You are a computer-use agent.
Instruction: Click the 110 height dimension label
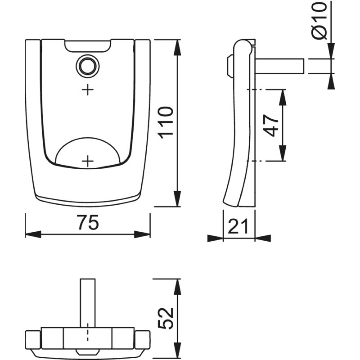tap(166, 123)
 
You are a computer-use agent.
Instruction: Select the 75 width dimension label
tap(88, 222)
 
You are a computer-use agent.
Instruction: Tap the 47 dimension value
tap(271, 126)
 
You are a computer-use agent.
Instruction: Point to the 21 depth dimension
tap(238, 226)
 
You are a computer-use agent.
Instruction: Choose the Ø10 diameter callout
tap(319, 21)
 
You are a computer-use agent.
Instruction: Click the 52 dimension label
tap(166, 318)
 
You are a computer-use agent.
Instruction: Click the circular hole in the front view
tap(88, 66)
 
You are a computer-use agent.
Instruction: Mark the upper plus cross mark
tap(88, 90)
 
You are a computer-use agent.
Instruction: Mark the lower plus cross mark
tap(88, 161)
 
